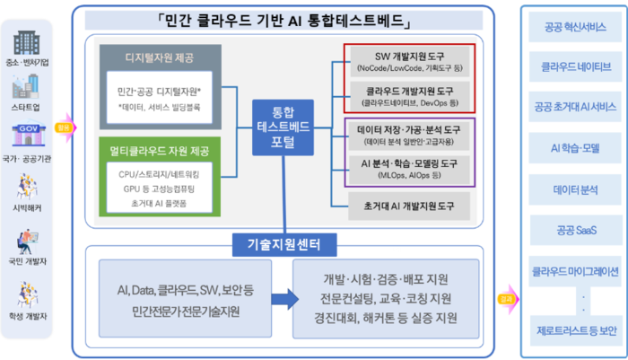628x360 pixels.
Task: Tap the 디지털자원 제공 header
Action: (x=160, y=58)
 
